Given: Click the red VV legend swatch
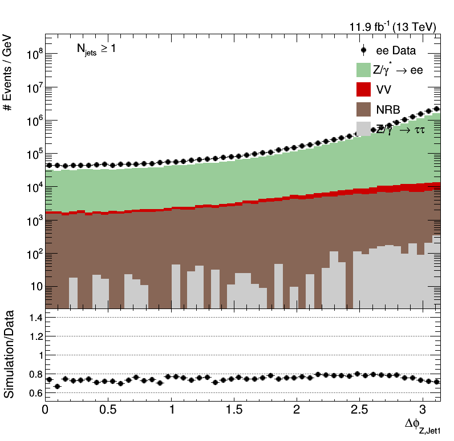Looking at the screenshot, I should (364, 89).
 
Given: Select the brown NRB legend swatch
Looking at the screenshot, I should (364, 109).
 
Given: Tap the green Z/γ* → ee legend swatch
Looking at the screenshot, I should (364, 70).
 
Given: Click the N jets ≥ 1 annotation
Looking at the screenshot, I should (96, 50).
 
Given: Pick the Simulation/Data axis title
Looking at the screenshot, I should (10, 358).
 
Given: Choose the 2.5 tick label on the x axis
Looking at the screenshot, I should (358, 410).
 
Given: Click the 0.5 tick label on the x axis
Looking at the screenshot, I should (108, 410).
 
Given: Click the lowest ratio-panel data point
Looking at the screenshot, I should (57, 387).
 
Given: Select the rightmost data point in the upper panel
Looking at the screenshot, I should (437, 109).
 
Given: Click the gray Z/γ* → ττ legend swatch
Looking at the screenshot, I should (364, 128).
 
